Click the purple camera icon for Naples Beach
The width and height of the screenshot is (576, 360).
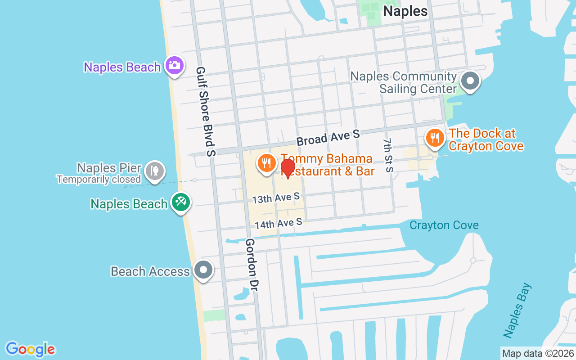(174, 65)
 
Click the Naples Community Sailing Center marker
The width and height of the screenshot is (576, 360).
(471, 81)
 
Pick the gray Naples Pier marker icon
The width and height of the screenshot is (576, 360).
(155, 171)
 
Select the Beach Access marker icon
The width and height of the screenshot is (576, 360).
(203, 270)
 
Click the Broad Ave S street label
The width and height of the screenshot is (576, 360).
(328, 137)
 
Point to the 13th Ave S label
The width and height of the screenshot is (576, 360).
(276, 198)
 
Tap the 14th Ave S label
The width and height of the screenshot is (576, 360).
(278, 224)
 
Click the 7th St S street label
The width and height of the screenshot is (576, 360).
(388, 155)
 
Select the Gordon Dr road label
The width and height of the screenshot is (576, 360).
(251, 264)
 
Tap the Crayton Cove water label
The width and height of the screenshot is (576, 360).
(444, 225)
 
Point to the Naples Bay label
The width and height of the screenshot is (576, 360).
(517, 310)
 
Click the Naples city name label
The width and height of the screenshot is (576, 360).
(405, 11)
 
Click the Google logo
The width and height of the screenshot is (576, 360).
(31, 349)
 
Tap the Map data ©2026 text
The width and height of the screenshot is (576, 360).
(538, 354)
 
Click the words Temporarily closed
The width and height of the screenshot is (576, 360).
(99, 180)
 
